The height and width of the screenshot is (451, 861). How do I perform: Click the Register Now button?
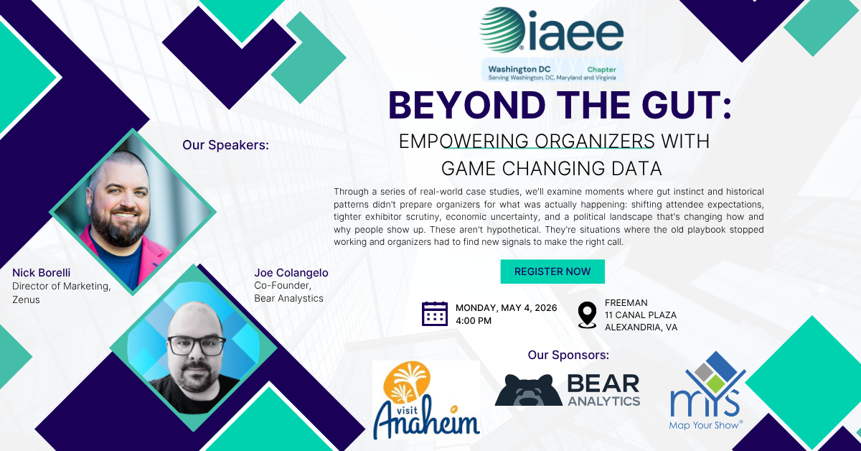(552, 271)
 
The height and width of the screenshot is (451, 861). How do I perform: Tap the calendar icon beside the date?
(435, 314)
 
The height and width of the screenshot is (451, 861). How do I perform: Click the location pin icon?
(588, 315)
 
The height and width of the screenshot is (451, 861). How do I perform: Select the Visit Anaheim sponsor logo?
(426, 400)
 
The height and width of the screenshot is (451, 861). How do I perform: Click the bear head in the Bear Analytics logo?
(529, 390)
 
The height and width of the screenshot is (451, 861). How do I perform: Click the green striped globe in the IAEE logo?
(502, 29)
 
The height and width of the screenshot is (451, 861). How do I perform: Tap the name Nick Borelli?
(42, 273)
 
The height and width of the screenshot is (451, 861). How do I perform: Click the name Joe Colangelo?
(291, 273)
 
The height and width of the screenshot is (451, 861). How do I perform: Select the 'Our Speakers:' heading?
(225, 145)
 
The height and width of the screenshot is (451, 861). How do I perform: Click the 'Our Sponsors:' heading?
(568, 355)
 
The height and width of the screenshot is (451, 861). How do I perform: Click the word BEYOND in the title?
(467, 105)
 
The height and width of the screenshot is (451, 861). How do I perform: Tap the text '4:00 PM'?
(474, 321)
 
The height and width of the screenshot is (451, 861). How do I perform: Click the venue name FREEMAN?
(626, 303)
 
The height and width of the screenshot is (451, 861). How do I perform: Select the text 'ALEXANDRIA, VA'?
(641, 327)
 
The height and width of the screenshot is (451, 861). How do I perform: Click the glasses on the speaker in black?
(196, 345)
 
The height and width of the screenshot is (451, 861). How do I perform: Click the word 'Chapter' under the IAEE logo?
(601, 70)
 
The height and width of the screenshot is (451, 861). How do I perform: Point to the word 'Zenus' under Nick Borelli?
(26, 299)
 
